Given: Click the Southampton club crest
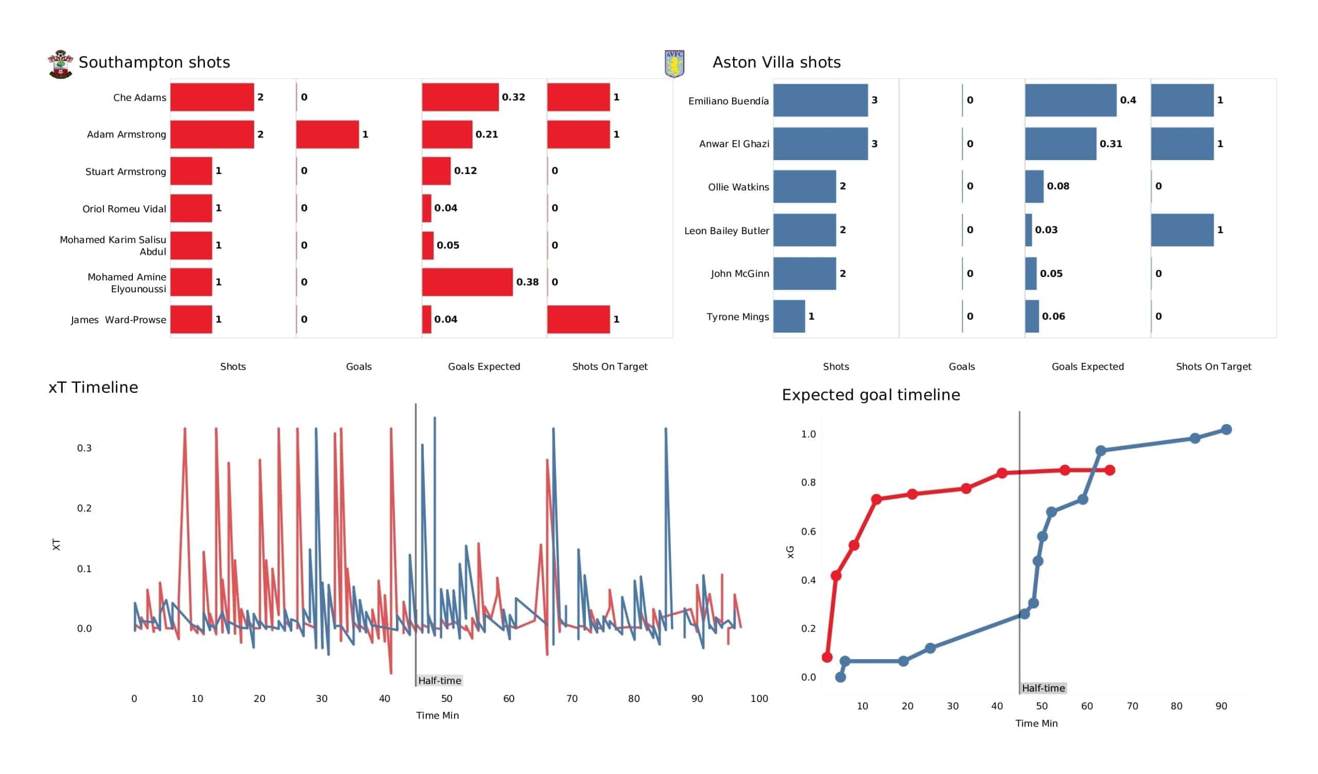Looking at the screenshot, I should pos(61,64).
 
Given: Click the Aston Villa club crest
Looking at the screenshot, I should pos(674,64).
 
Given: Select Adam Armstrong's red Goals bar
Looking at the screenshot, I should pos(327,134).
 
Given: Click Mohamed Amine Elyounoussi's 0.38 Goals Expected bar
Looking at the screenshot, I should pos(467,282).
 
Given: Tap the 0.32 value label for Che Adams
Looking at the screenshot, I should pos(513,97).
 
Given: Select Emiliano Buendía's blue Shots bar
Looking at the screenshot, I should pos(820,100).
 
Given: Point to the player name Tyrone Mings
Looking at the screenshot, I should pos(737,316).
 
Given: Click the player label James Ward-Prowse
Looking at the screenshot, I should pos(119,320).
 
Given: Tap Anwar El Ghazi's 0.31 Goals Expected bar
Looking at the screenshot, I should pos(1060,144).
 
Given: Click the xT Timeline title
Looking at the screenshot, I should pos(93,387).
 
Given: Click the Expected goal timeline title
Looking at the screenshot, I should pos(870,394).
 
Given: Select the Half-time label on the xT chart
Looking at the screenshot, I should pos(439,680).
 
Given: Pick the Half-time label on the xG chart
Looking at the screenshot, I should pos(1043,688).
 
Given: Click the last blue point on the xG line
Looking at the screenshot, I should pos(1226,429).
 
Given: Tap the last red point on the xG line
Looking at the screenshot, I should pos(1109,470).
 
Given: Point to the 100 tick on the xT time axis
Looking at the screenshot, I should pos(759,698).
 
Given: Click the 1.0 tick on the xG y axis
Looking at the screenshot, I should pos(808,434).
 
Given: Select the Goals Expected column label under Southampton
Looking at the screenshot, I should pos(484,366).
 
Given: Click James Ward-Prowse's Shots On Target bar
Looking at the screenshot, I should pos(579,319).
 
